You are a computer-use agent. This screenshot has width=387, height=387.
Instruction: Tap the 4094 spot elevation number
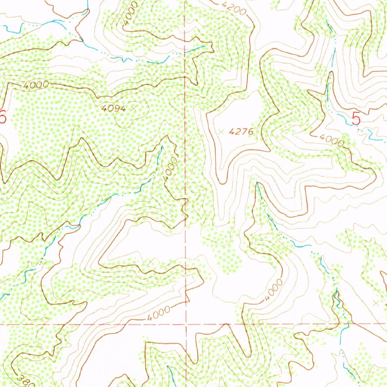[x=113, y=108]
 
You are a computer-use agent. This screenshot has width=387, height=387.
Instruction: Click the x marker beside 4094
[x=133, y=108]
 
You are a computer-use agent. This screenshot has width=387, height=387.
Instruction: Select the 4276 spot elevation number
[x=240, y=132]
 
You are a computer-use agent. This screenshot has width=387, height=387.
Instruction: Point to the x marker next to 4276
[x=221, y=132]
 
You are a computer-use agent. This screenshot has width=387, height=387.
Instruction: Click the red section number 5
[x=356, y=119]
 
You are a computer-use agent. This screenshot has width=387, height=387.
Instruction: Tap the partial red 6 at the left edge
[x=2, y=118]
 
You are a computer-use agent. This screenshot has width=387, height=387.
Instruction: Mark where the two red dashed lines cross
[x=186, y=324]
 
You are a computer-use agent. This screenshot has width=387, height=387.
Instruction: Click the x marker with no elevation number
[x=375, y=303]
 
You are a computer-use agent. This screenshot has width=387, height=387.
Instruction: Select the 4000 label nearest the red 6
[x=36, y=85]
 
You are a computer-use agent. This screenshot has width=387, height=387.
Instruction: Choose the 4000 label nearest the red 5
[x=332, y=140]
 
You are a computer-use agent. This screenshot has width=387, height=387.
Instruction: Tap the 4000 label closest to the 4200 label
[x=131, y=14]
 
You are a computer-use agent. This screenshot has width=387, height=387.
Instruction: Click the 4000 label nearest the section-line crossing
[x=158, y=311]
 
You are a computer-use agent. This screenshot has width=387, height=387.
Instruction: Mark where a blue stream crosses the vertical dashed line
[x=185, y=53]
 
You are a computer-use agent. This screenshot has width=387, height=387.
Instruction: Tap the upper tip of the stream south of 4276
[x=257, y=183]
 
